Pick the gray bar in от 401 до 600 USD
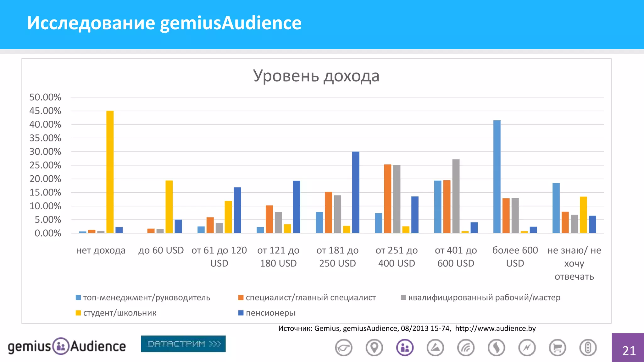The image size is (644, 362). (456, 196)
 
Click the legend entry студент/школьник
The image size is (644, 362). (119, 313)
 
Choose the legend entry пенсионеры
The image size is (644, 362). (270, 313)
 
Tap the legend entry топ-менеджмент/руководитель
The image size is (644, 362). (147, 298)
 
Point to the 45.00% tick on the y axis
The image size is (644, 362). (45, 111)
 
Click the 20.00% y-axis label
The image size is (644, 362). (45, 179)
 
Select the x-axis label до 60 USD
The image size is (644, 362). (161, 250)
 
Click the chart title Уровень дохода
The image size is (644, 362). (316, 76)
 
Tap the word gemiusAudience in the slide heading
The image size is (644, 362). (230, 23)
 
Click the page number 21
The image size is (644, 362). (629, 351)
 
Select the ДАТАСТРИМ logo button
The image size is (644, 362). (183, 344)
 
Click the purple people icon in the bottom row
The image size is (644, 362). (405, 348)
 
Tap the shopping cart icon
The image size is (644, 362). (558, 348)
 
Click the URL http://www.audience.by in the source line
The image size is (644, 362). (495, 328)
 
